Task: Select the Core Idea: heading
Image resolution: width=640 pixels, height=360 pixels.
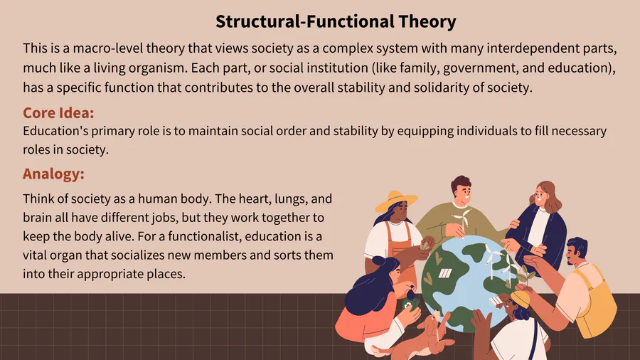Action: pyautogui.click(x=58, y=112)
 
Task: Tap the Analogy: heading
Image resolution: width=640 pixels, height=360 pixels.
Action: pyautogui.click(x=53, y=174)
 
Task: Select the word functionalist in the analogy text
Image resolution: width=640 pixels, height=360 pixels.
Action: pyautogui.click(x=202, y=236)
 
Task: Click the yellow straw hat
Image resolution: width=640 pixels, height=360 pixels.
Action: pyautogui.click(x=395, y=201)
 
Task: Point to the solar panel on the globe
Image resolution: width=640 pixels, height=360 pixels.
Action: pyautogui.click(x=445, y=273)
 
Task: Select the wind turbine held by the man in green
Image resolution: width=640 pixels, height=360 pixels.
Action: pyautogui.click(x=462, y=220)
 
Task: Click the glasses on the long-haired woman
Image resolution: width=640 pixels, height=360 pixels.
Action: pyautogui.click(x=540, y=196)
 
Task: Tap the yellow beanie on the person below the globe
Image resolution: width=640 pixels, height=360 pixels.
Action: pyautogui.click(x=519, y=298)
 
